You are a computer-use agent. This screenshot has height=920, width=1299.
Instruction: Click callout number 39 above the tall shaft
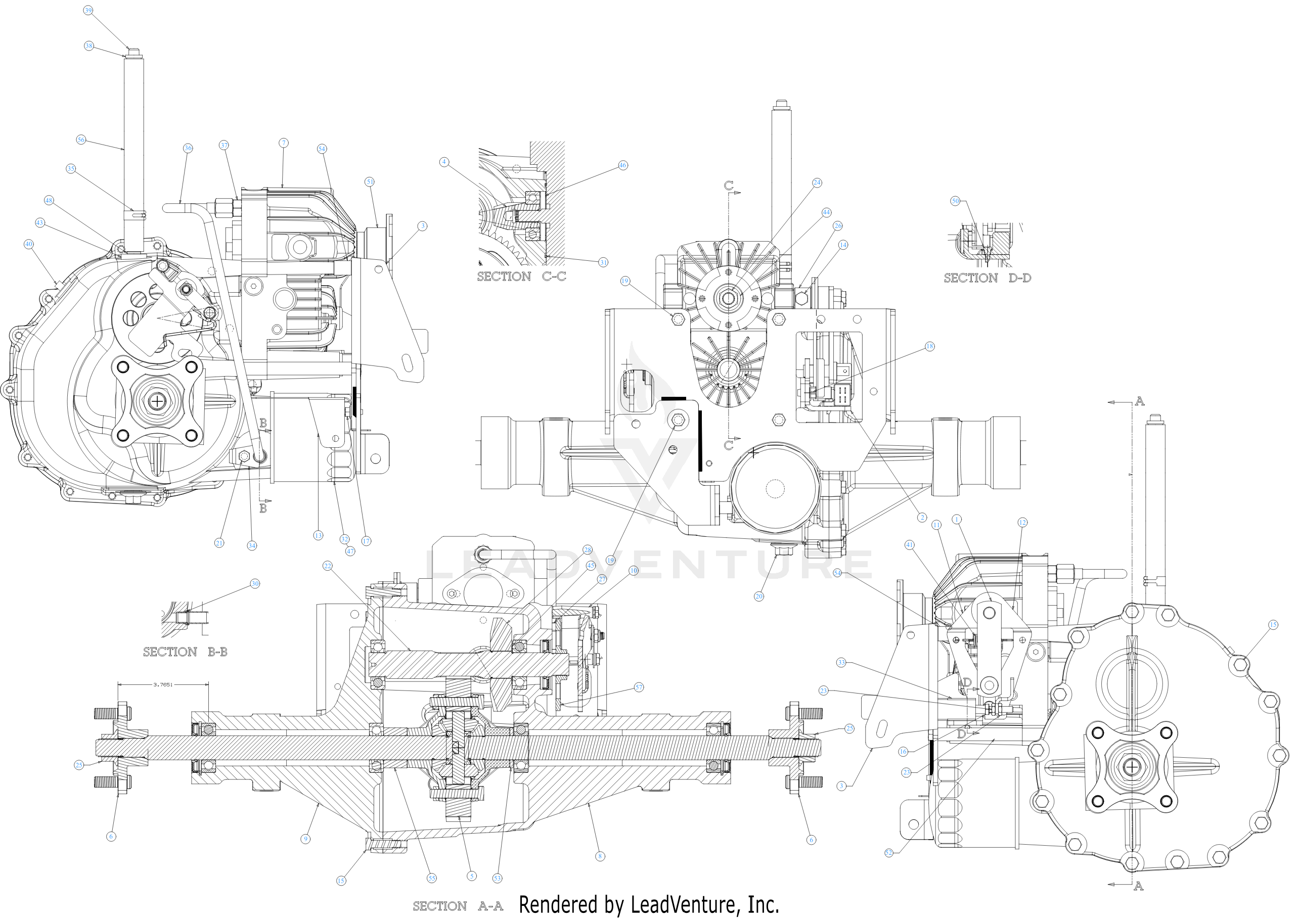88,10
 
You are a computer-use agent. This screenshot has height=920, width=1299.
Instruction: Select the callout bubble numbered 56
81,140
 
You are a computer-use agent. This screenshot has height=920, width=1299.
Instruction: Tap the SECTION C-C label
521,277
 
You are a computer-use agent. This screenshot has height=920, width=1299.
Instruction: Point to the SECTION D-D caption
987,278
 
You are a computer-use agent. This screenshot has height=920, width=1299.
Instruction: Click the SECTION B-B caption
185,652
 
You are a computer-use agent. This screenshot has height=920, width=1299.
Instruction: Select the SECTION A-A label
458,906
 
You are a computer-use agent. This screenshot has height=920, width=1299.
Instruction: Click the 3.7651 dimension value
163,684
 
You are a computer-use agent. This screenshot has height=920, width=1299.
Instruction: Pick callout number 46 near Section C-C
622,165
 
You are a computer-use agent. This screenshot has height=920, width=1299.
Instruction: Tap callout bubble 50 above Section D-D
955,201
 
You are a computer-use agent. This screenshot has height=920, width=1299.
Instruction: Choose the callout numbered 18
930,346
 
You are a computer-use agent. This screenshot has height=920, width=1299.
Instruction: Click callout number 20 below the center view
759,596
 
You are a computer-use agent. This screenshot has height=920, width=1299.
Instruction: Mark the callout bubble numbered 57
639,687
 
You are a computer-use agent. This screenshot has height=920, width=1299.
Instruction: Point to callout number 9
305,839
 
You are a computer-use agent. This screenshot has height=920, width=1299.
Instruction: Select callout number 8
600,856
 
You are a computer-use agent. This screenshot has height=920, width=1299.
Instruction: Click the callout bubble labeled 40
29,244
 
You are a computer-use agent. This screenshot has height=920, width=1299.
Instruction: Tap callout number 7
284,143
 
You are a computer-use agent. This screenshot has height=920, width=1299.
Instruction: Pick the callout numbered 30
255,583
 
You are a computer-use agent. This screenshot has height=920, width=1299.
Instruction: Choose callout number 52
888,853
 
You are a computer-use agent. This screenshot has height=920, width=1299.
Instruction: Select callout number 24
817,182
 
